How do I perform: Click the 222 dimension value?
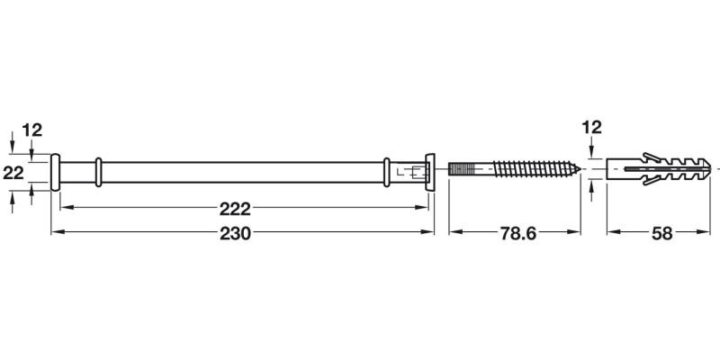(x=235, y=209)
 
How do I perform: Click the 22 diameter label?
(x=13, y=174)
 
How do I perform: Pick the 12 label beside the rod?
(x=32, y=131)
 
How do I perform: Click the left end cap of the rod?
(x=55, y=171)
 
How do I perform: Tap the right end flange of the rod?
(x=429, y=171)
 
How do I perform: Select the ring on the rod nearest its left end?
(x=99, y=171)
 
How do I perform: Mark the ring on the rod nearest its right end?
(x=387, y=171)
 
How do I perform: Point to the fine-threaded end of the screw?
(x=463, y=169)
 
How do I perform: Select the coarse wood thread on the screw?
(x=535, y=169)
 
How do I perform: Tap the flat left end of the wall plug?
(x=609, y=168)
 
